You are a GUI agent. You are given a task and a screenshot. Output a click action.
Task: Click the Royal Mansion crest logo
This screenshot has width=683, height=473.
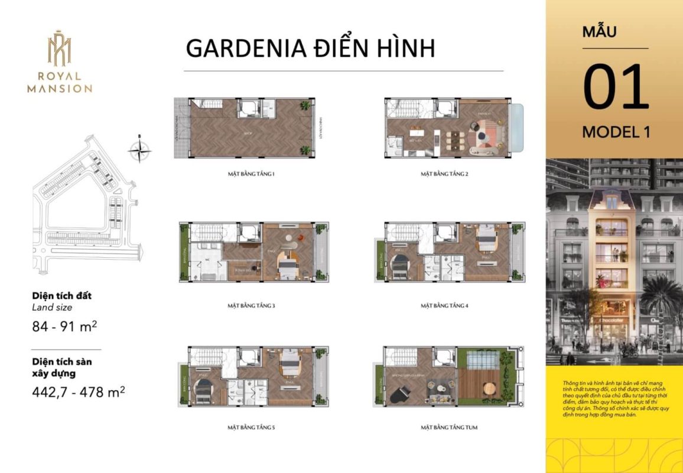tap(59, 48)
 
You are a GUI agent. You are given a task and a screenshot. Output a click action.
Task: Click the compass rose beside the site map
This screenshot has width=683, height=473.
tap(139, 149)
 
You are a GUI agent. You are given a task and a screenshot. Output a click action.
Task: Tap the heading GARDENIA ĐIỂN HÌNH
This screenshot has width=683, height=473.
tap(310, 48)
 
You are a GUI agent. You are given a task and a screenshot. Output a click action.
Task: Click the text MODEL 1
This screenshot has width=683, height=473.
tap(616, 132)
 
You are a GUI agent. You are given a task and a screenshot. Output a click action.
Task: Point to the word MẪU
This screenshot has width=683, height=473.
tap(599, 31)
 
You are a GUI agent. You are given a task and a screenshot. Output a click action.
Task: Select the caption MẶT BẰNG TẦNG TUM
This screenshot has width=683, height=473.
tap(448, 427)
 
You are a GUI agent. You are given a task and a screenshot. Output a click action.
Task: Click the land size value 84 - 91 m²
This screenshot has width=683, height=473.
tap(64, 326)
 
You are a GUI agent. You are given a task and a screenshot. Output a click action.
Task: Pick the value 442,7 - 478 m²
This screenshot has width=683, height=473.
tap(78, 391)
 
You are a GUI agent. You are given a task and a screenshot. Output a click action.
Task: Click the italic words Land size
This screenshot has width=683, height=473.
tap(51, 307)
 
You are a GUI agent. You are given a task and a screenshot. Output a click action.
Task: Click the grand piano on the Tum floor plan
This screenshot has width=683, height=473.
tap(401, 391)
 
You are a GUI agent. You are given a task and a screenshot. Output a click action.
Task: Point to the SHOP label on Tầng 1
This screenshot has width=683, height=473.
tap(248, 134)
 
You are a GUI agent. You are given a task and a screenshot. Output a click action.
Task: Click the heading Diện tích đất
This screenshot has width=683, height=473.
tap(62, 296)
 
